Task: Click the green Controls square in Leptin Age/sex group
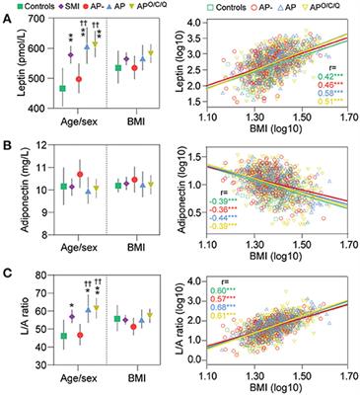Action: (62, 89)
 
